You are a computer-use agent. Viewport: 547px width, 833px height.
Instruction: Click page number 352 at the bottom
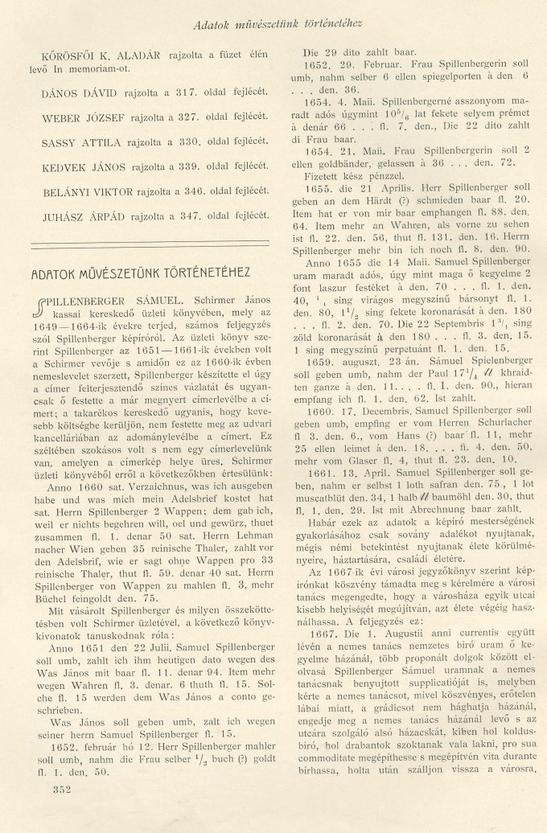click(60, 790)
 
